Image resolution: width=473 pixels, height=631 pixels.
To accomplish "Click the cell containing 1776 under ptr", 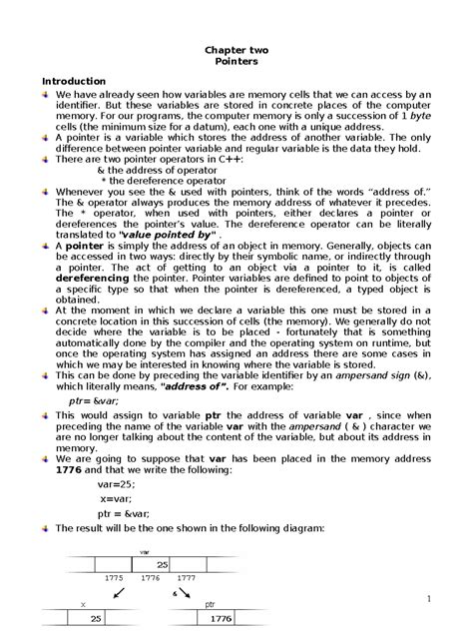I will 221,619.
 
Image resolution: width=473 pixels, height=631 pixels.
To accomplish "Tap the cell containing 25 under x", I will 97,619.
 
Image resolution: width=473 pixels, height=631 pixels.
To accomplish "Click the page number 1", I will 424,599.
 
